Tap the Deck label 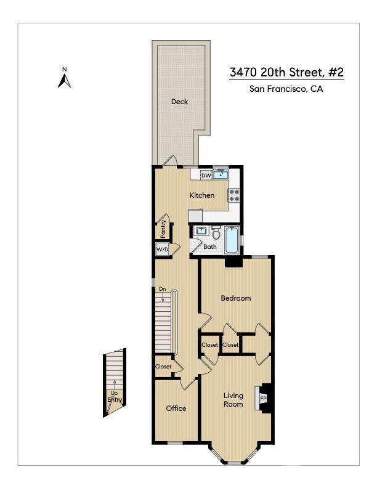click(179, 102)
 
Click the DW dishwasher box click(206, 176)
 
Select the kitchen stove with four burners click(234, 195)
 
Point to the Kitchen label click(201, 195)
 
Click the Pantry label click(163, 229)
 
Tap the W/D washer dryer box click(162, 250)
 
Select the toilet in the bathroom click(216, 234)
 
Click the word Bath click(210, 247)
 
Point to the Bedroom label click(236, 298)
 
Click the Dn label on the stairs click(162, 288)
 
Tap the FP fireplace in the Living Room click(263, 398)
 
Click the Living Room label click(233, 400)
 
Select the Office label click(176, 409)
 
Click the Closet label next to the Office click(163, 367)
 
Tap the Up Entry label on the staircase click(115, 396)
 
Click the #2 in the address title click(335, 72)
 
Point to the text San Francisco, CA click(286, 89)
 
